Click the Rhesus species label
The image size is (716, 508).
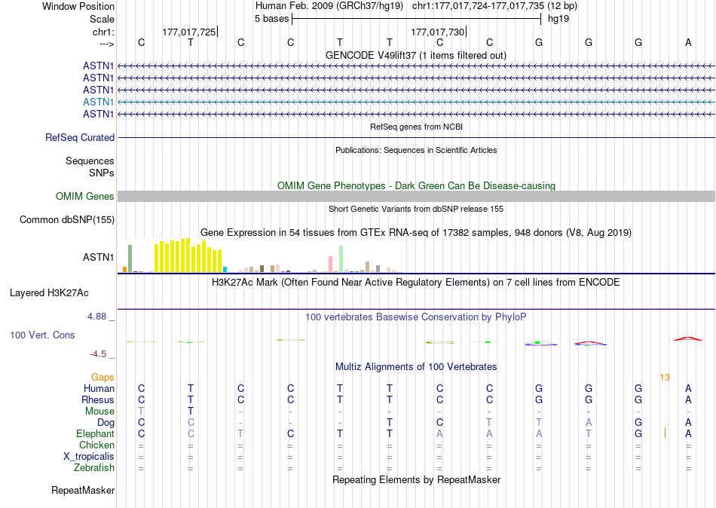pos(98,399)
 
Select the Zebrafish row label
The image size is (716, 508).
pos(95,468)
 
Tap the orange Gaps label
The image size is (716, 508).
pos(103,377)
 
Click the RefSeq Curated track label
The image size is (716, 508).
pos(80,138)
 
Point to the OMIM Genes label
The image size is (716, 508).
pos(85,197)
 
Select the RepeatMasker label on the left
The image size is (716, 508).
pos(83,491)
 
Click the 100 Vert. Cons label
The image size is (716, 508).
pos(42,335)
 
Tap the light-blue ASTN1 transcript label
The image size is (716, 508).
pos(99,102)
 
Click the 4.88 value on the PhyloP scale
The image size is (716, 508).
pos(96,317)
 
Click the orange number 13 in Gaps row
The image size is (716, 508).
pos(664,377)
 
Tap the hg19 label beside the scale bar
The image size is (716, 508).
pos(558,18)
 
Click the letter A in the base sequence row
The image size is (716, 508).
pos(688,43)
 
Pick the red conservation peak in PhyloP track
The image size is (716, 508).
pos(687,338)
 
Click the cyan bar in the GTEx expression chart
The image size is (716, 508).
pos(225,269)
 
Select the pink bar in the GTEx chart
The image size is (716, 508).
pos(330,264)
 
